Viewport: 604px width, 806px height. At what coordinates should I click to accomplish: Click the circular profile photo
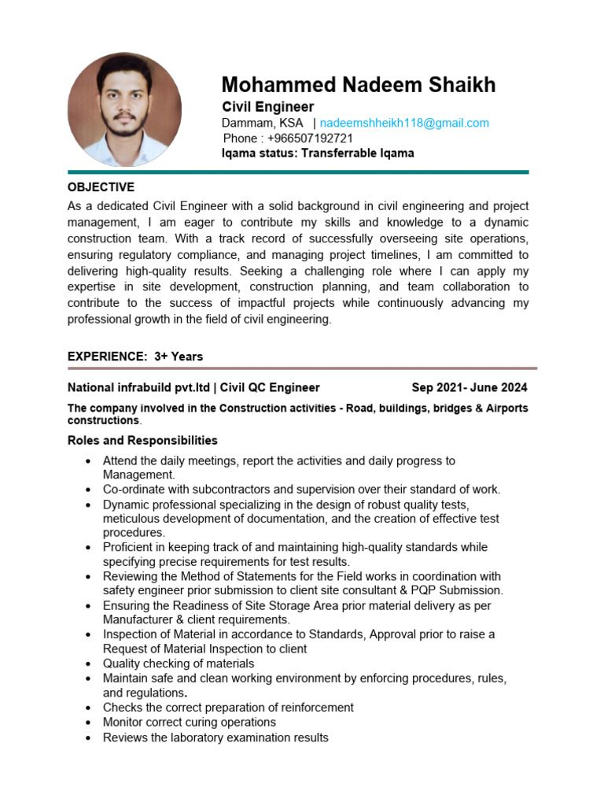[124, 110]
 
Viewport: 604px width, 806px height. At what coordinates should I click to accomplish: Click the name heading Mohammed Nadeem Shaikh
[358, 85]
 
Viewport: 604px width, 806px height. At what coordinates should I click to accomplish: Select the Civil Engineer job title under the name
[267, 107]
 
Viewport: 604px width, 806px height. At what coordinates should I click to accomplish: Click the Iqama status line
[318, 153]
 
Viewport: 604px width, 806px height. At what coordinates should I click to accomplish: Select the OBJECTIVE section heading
[101, 187]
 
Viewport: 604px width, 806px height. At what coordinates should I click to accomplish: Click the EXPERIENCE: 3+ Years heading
[135, 357]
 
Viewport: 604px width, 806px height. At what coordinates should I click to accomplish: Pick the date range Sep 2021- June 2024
[470, 387]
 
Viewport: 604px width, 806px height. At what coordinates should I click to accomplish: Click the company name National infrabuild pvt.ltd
[139, 387]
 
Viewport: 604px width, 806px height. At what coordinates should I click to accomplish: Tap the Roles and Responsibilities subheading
[142, 440]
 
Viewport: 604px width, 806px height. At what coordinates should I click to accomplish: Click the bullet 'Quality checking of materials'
[179, 664]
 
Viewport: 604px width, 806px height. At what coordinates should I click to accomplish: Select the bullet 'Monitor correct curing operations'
[189, 722]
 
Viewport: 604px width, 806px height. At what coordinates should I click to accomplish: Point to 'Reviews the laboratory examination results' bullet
[215, 738]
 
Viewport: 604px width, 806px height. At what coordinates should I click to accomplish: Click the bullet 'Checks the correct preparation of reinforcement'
[228, 708]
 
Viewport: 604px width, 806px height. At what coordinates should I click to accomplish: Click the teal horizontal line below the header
[298, 172]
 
